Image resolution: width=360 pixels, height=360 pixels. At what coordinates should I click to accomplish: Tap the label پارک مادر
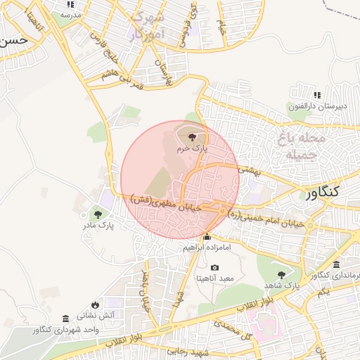point(98,226)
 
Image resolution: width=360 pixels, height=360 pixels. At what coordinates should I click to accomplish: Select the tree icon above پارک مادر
point(97,214)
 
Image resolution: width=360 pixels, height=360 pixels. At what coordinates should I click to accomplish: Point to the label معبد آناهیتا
point(217,279)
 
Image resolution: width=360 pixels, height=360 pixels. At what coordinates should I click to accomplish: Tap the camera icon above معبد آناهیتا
point(214,268)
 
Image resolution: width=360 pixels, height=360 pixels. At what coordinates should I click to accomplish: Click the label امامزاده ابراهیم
point(207,247)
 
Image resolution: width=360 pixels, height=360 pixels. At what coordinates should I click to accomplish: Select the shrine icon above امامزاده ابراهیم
point(207,236)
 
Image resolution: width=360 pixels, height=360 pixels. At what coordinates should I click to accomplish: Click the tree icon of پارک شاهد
point(282,275)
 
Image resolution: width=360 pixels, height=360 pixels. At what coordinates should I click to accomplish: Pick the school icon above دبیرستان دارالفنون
point(317,95)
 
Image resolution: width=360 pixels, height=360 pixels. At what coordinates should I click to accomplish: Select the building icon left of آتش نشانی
point(65,318)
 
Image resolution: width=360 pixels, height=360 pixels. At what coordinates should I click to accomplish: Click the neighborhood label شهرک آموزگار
point(148,25)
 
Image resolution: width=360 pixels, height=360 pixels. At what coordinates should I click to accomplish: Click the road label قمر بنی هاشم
point(122,79)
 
